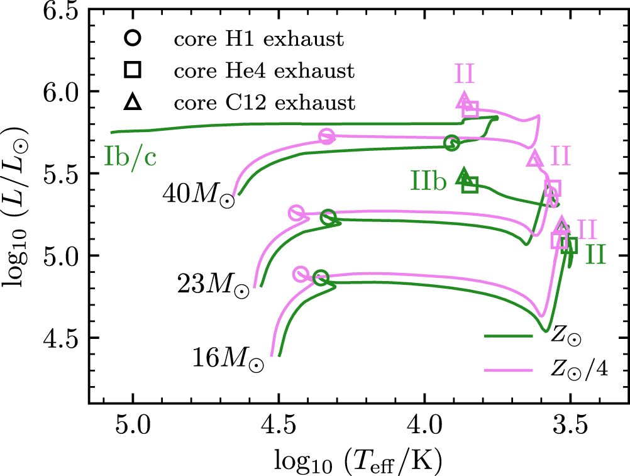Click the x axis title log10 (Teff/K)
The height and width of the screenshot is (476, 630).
pyautogui.click(x=358, y=462)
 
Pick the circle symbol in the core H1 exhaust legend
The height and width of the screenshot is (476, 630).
pyautogui.click(x=133, y=39)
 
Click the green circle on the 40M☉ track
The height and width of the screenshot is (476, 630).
pyautogui.click(x=451, y=143)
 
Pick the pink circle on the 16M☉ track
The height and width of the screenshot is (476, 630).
pyautogui.click(x=301, y=274)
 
